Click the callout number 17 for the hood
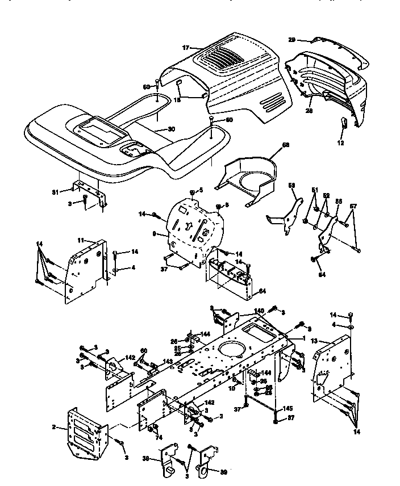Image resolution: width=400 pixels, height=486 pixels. (186, 48)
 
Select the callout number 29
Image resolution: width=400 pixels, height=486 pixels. (291, 40)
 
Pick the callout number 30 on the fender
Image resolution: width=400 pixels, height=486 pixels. (171, 129)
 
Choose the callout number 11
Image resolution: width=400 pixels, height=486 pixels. (81, 241)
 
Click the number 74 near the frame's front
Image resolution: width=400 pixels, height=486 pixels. (159, 437)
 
